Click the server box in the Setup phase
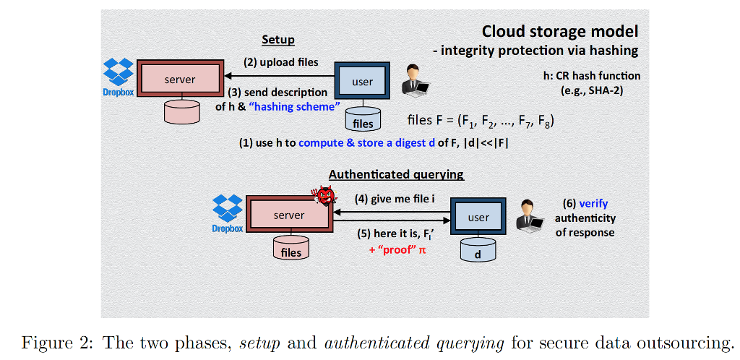pyautogui.click(x=180, y=79)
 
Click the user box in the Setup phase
pyautogui.click(x=362, y=81)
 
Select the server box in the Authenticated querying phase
pyautogui.click(x=288, y=215)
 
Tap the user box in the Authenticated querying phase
pyautogui.click(x=478, y=217)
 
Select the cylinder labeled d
pyautogui.click(x=478, y=250)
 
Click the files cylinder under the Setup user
pyautogui.click(x=363, y=118)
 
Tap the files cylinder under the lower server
pyautogui.click(x=291, y=248)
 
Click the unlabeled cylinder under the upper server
pyautogui.click(x=180, y=112)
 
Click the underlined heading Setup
pyautogui.click(x=277, y=40)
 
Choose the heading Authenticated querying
pyautogui.click(x=396, y=174)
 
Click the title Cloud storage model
pyautogui.click(x=560, y=32)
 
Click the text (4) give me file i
pyautogui.click(x=394, y=198)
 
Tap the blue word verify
pyautogui.click(x=593, y=204)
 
